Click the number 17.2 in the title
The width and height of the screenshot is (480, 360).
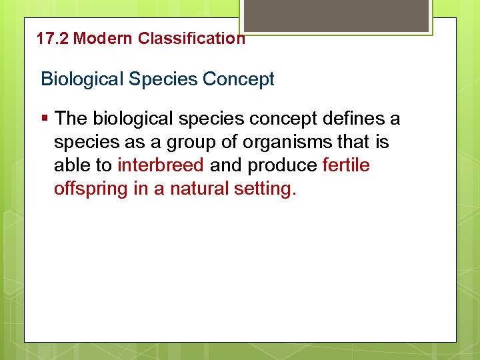pos(53,39)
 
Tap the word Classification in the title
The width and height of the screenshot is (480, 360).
pos(191,39)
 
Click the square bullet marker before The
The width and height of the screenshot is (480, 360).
pos(45,119)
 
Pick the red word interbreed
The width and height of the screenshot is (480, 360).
pos(160,165)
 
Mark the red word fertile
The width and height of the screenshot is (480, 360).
pos(346,165)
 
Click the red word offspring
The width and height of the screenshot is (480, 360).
pos(91,189)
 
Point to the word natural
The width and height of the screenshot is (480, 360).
pos(199,189)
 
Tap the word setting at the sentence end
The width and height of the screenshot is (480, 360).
pos(263,189)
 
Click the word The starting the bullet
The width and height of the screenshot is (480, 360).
pos(72,119)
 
